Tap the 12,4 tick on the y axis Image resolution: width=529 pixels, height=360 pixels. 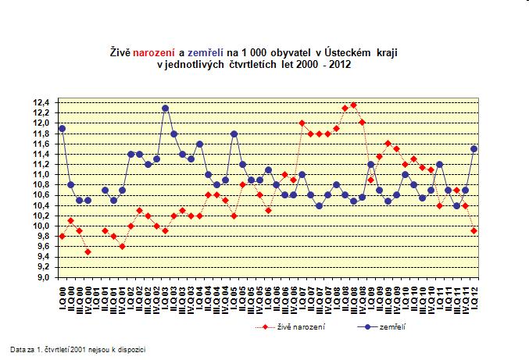click(40, 102)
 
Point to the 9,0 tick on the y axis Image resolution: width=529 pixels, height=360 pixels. click(41, 277)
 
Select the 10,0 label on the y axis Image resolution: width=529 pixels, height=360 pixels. click(40, 226)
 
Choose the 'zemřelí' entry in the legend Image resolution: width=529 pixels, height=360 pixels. click(388, 326)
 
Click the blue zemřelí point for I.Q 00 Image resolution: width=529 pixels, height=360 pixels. click(62, 128)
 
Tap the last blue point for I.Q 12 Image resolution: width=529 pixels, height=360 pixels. click(474, 148)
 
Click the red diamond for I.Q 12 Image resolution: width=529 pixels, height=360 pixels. click(474, 231)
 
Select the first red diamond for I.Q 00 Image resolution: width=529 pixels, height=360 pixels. click(62, 236)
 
